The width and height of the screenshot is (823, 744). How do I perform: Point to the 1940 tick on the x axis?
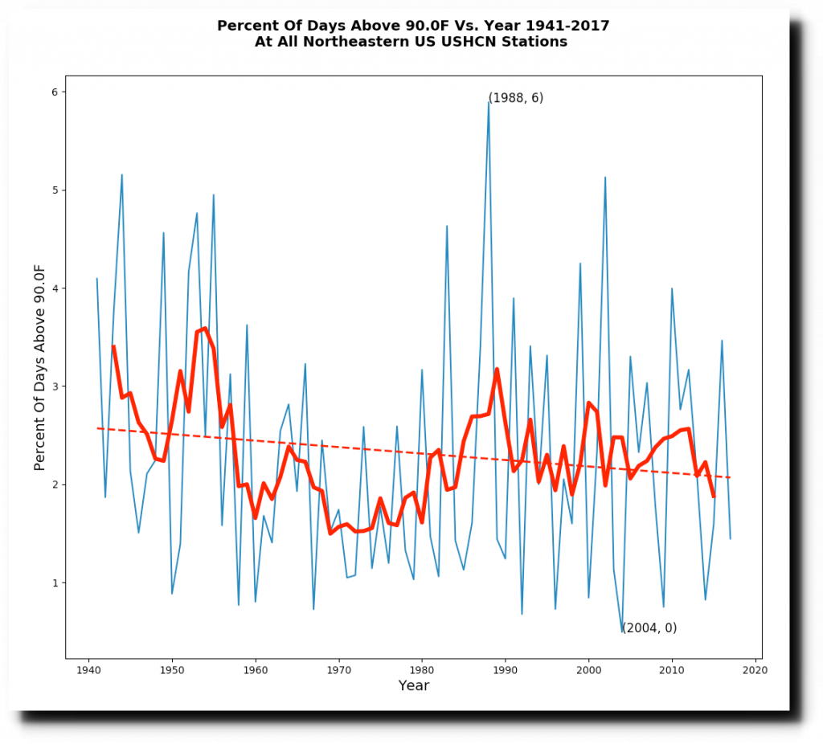tap(88, 668)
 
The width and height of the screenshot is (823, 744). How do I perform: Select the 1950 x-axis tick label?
tap(172, 668)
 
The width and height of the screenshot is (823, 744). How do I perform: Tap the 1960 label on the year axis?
tap(256, 668)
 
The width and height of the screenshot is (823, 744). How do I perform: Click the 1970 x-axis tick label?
tap(338, 668)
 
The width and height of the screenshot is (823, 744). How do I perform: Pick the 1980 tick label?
tap(422, 668)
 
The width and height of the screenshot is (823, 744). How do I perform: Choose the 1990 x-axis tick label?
tap(506, 668)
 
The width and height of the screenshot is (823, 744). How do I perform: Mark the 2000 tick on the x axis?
tap(588, 668)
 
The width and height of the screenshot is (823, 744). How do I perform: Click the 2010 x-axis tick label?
tap(672, 668)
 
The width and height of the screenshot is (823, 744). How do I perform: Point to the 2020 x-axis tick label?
tap(755, 668)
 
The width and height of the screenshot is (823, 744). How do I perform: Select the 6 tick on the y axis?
tap(55, 92)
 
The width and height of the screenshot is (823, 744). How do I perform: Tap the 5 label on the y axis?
tap(55, 190)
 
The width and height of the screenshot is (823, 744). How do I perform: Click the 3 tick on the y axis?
tap(55, 386)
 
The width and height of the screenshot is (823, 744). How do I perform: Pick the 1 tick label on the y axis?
tap(55, 583)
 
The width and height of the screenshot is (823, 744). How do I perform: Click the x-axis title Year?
tap(414, 686)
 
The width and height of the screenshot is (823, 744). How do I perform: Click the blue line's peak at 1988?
tap(489, 102)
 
